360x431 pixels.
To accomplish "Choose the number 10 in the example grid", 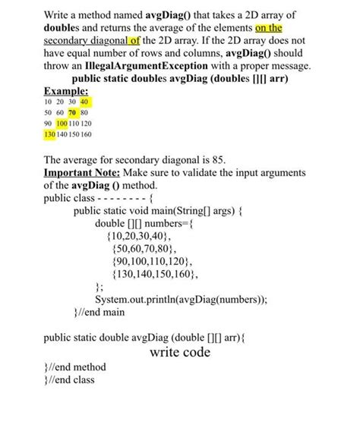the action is [49, 101].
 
